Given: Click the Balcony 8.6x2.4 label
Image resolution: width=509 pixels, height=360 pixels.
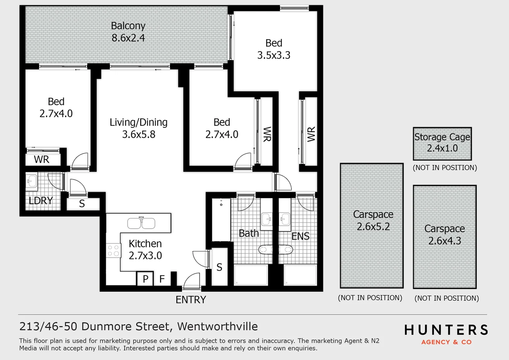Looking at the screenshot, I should [128, 32].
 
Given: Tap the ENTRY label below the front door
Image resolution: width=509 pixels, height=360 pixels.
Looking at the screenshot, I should [191, 300].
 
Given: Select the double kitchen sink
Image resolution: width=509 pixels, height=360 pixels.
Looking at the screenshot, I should [141, 223].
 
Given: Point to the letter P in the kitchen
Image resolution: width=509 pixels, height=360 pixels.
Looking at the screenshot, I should [145, 279].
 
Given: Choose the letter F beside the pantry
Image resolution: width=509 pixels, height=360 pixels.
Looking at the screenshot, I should [162, 279].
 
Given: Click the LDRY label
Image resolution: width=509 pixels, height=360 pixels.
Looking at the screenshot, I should [41, 201].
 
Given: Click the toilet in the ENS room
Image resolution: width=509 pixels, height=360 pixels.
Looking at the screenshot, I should [286, 249].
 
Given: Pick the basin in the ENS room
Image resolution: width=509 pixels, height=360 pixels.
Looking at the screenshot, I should [284, 219].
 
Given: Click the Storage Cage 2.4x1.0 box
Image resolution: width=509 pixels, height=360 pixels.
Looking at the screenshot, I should [442, 143].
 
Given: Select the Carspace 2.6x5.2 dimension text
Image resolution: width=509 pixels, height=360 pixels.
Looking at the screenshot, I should [373, 227].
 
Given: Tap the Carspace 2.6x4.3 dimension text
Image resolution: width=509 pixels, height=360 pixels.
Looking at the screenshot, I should [444, 241].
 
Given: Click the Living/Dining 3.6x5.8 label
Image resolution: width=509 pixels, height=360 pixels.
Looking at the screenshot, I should [139, 128].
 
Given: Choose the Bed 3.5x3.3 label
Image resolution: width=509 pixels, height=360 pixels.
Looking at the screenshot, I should [274, 49].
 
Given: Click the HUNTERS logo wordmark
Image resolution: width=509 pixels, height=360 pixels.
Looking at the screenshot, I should [446, 330].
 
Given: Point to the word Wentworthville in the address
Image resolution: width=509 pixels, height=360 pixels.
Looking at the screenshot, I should [218, 326].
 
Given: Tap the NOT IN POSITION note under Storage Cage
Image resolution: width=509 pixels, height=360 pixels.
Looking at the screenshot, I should [445, 168].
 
